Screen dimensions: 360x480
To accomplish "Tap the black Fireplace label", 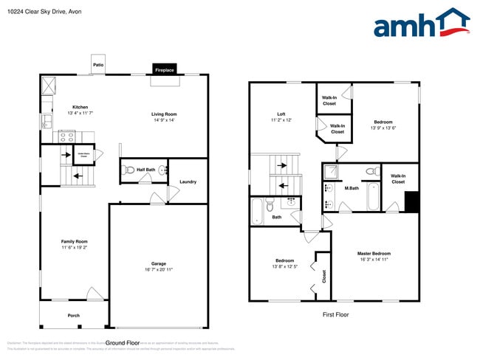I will pos(164,70).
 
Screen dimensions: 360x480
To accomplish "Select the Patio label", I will pos(98,65).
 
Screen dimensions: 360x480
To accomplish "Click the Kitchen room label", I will pos(80,106).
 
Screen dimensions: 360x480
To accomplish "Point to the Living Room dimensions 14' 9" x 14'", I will pos(164,121).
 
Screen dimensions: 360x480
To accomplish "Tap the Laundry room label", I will pos(188,181).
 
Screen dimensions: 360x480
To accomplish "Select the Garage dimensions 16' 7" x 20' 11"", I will pos(159,270).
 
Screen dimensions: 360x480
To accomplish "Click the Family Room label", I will pos(74,241).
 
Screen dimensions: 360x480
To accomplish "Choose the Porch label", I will pos(74,315).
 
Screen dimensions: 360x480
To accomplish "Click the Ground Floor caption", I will pos(123,343).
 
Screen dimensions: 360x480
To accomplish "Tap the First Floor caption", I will pos(335,314).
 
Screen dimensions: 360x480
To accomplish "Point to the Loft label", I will pos(282,113).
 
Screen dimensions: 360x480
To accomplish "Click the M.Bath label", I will pos(352,188).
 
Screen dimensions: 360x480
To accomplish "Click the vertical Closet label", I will pos(323,276).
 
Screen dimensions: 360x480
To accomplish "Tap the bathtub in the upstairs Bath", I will pos(256,210).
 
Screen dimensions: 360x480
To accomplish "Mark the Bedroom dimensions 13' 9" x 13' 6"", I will pos(383,128).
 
